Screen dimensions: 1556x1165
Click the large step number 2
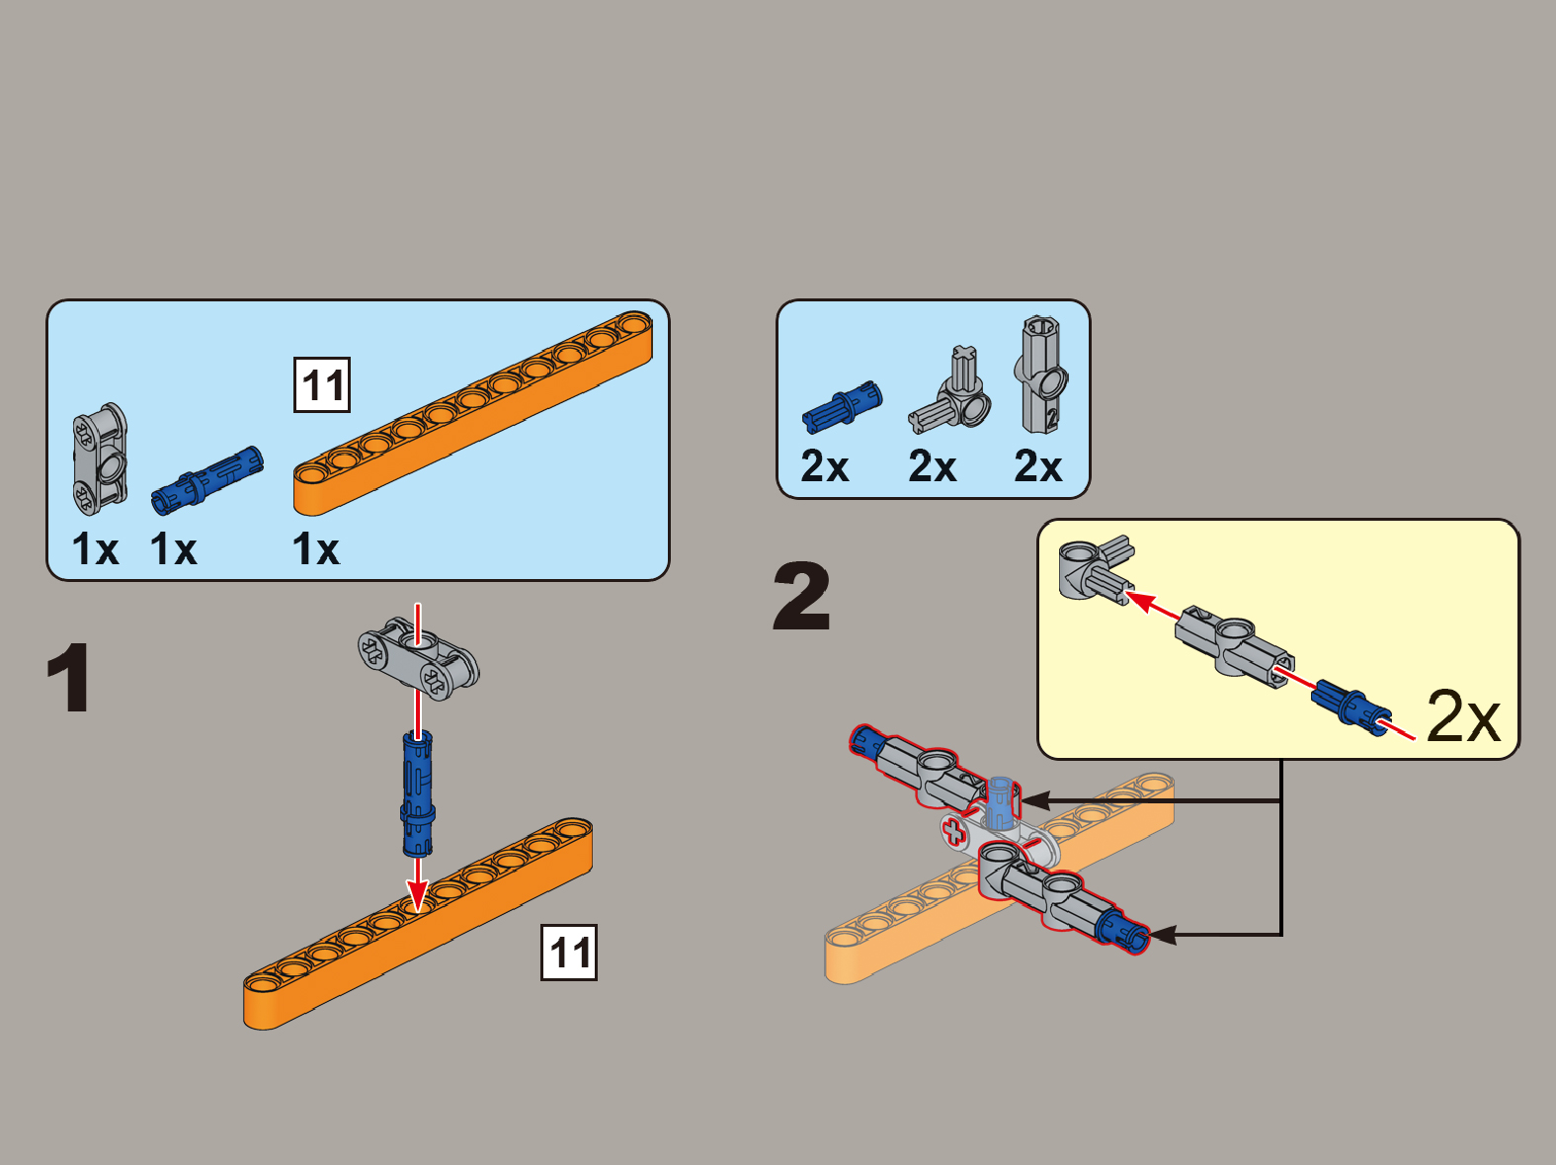[x=801, y=595]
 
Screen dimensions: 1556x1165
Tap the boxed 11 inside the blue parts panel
[x=322, y=385]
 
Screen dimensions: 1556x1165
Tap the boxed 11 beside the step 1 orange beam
[x=568, y=953]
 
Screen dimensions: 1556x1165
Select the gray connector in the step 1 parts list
[x=100, y=459]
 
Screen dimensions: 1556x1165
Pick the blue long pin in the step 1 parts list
[x=207, y=481]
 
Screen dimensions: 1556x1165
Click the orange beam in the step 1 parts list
[x=473, y=413]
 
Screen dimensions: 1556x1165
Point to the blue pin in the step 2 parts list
[x=842, y=406]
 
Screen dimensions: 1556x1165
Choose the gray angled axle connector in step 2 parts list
[x=950, y=390]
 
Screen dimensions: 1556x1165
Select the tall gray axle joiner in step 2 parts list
[x=1041, y=374]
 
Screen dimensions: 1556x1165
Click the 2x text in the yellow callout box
[x=1463, y=716]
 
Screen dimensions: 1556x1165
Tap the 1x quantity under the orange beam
[x=315, y=548]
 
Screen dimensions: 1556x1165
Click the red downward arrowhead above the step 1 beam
[x=418, y=895]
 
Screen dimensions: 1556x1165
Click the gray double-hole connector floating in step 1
[x=418, y=659]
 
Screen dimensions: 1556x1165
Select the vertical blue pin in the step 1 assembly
[x=418, y=794]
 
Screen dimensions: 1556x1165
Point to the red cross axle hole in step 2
[x=955, y=832]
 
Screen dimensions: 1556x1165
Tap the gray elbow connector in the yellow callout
[x=1096, y=569]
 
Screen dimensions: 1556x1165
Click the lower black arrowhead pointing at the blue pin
[x=1163, y=936]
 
